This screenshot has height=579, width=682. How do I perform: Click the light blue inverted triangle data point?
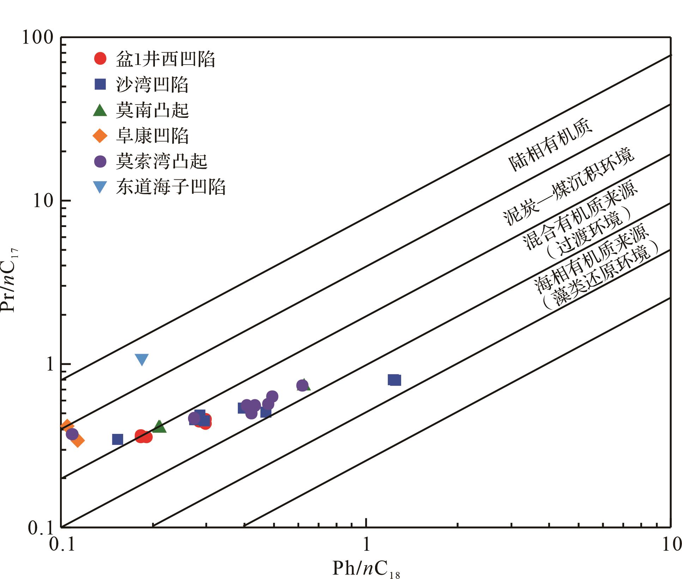tap(141, 359)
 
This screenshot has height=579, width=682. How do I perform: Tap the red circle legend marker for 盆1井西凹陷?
tap(100, 58)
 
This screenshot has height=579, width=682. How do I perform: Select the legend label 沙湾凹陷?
tap(152, 84)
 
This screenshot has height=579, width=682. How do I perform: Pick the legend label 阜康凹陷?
tap(152, 136)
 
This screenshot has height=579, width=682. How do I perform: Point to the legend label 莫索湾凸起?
tap(162, 161)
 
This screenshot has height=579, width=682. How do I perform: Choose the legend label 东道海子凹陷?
tap(171, 187)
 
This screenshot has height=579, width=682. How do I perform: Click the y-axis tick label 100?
tap(37, 37)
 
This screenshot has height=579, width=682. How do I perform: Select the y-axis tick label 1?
tap(49, 364)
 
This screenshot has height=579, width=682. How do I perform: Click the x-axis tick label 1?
tap(366, 545)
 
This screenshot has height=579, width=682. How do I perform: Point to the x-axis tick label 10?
tap(669, 545)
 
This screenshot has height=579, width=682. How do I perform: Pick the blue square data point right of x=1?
tap(394, 380)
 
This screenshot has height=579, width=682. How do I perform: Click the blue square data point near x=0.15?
tap(117, 439)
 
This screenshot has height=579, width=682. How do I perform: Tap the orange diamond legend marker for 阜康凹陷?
tap(100, 136)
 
